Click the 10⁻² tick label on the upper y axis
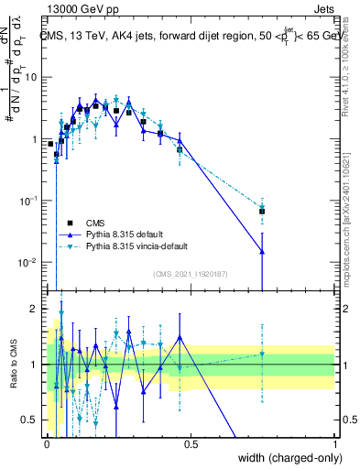click(x=30, y=263)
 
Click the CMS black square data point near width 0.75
click(x=262, y=212)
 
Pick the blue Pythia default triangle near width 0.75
click(x=262, y=252)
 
